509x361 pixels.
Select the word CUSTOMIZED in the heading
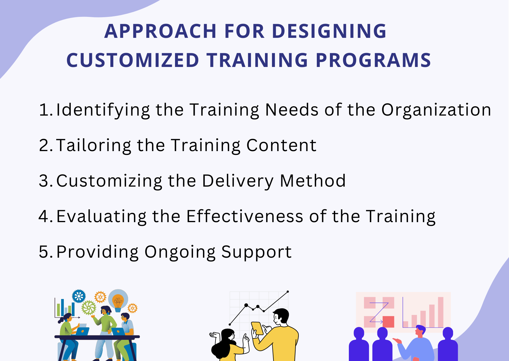coord(132,61)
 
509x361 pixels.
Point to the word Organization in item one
coord(436,110)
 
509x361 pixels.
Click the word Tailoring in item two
coord(93,146)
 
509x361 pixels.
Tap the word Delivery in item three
coord(238,181)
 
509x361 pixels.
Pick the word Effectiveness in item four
coord(245,217)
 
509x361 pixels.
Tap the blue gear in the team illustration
coord(79,296)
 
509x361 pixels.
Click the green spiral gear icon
coord(89,308)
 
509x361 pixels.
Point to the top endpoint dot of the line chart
coord(288,291)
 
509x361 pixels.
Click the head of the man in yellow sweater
coord(281,317)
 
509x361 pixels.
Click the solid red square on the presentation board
coord(388,322)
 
